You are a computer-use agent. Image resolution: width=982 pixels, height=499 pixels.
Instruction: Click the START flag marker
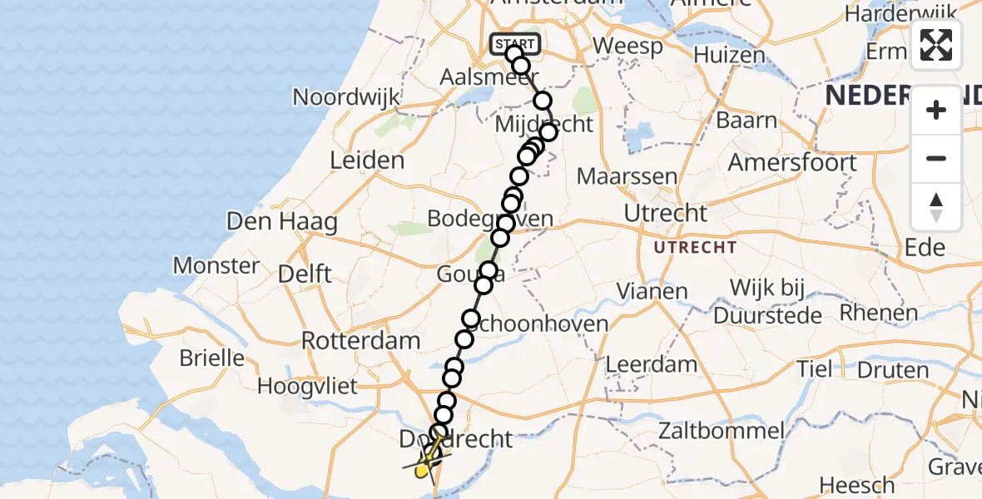tap(516, 43)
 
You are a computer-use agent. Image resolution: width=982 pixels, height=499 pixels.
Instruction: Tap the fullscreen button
tap(936, 45)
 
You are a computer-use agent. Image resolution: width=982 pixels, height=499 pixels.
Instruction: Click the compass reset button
tap(936, 207)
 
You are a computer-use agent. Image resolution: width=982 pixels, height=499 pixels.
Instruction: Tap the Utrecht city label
tap(666, 214)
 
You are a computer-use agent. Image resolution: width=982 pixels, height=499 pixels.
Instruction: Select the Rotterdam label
tap(360, 340)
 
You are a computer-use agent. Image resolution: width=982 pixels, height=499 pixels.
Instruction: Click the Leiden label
tap(367, 161)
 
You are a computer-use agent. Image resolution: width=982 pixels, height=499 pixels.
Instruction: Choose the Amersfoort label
tap(792, 162)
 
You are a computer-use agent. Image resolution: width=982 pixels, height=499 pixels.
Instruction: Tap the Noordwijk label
tap(346, 97)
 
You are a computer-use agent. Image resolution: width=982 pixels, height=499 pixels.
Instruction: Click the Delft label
tap(305, 273)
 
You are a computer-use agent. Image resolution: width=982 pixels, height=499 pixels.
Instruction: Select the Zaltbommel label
tap(721, 431)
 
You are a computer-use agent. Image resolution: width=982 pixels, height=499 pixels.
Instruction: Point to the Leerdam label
tap(652, 364)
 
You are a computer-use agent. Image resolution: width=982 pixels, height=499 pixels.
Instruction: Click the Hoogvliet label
tap(307, 386)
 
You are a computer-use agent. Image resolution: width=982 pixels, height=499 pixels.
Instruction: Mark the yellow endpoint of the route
tap(421, 472)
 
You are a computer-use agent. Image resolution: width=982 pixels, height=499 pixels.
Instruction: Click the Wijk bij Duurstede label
tap(766, 302)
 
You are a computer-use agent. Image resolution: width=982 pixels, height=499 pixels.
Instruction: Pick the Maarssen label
tap(616, 176)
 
